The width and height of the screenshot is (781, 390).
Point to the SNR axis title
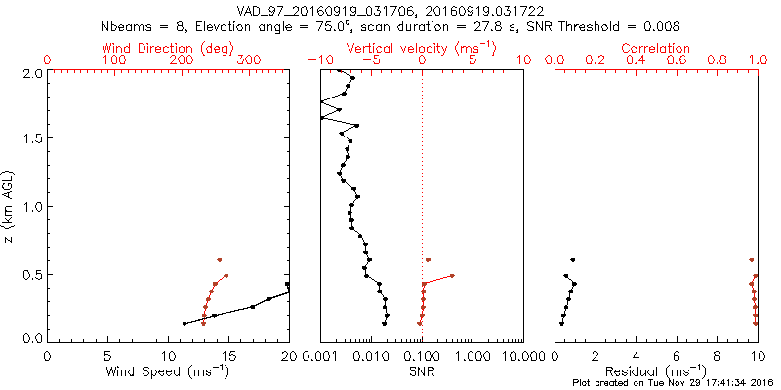pyautogui.click(x=422, y=370)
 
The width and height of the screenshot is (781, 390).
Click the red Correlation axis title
pyautogui.click(x=656, y=47)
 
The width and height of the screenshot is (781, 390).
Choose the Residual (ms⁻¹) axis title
pyautogui.click(x=656, y=370)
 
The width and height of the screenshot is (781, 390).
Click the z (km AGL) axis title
pyautogui.click(x=10, y=206)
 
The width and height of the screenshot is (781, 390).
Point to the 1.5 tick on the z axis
pyautogui.click(x=32, y=138)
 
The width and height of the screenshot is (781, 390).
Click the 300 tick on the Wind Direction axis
pyautogui.click(x=249, y=60)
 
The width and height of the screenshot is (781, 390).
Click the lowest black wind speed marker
pyautogui.click(x=184, y=323)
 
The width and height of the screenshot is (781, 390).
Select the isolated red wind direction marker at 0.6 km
pyautogui.click(x=220, y=260)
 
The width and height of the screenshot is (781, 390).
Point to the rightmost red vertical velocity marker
pyautogui.click(x=452, y=276)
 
